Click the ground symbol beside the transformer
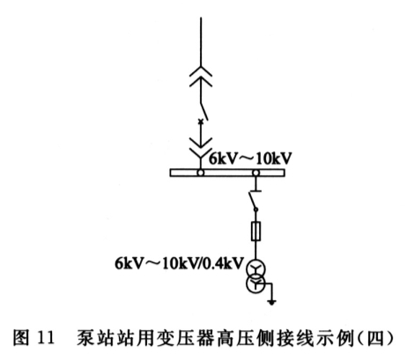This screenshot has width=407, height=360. point(272,302)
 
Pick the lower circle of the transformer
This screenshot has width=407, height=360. point(247,284)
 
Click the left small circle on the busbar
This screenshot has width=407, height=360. point(201,173)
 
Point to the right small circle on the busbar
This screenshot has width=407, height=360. point(256,173)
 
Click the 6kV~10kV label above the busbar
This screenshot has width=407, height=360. point(250,158)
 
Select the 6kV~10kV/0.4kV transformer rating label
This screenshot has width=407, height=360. point(180,263)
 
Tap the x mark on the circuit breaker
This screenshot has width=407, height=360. point(201,121)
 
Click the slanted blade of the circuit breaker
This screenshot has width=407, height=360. point(204,111)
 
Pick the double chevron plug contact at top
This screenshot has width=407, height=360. point(201,77)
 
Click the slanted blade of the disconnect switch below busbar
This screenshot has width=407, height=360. point(253,201)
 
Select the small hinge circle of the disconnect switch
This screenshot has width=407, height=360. point(255,209)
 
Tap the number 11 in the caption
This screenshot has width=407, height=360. point(46,338)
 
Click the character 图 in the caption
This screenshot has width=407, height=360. point(21,338)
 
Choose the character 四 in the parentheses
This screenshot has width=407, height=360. point(375,338)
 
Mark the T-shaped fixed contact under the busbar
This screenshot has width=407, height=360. point(255,187)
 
